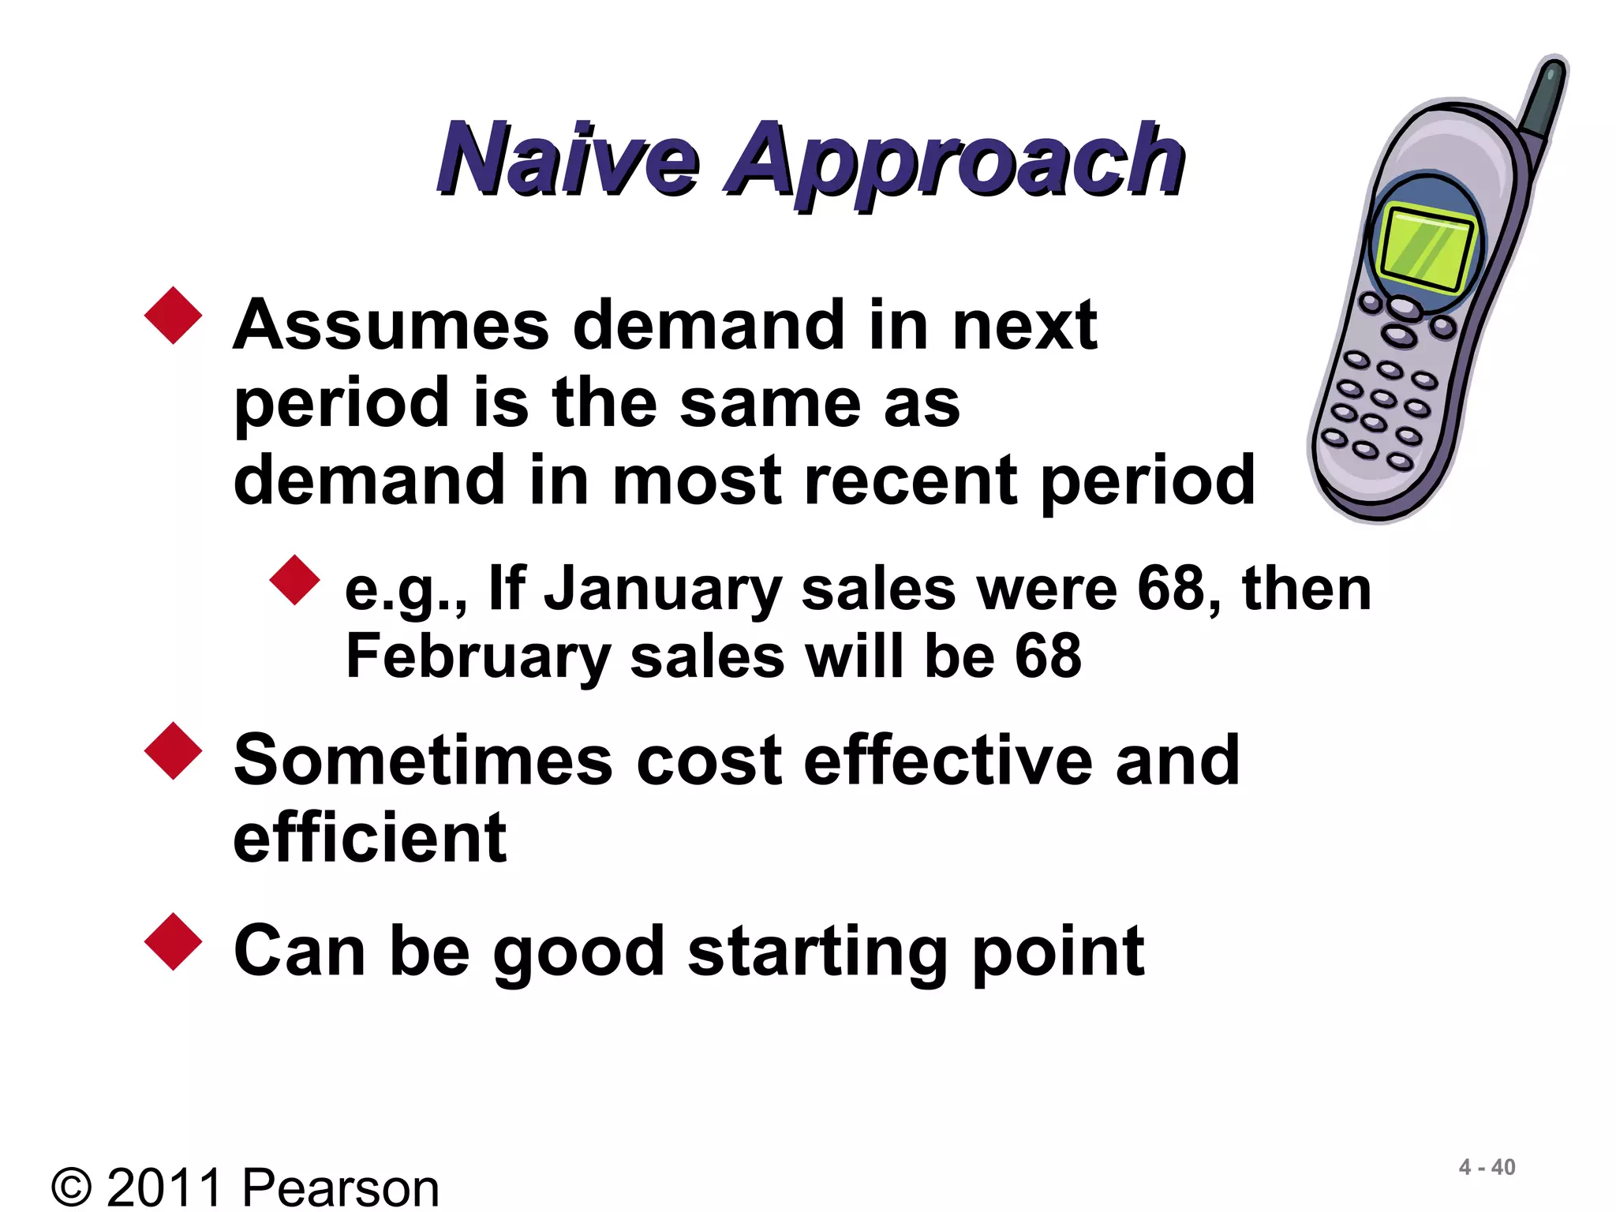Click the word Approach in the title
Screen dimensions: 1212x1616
pyautogui.click(x=955, y=162)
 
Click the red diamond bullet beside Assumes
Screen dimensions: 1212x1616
pyautogui.click(x=174, y=316)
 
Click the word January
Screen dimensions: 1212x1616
pyautogui.click(x=663, y=590)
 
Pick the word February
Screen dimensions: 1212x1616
pyautogui.click(x=478, y=656)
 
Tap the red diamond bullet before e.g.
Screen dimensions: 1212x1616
pyautogui.click(x=294, y=580)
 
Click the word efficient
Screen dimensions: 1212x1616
pyautogui.click(x=369, y=838)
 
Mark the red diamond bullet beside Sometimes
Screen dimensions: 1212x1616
pyautogui.click(x=174, y=751)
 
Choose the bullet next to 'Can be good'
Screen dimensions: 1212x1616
pyautogui.click(x=174, y=941)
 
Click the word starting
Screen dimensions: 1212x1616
pyautogui.click(x=817, y=953)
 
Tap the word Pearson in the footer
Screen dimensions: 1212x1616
pyautogui.click(x=340, y=1188)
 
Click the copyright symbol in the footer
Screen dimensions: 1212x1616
pyautogui.click(x=72, y=1188)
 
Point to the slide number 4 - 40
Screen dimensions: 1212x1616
pyautogui.click(x=1487, y=1167)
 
